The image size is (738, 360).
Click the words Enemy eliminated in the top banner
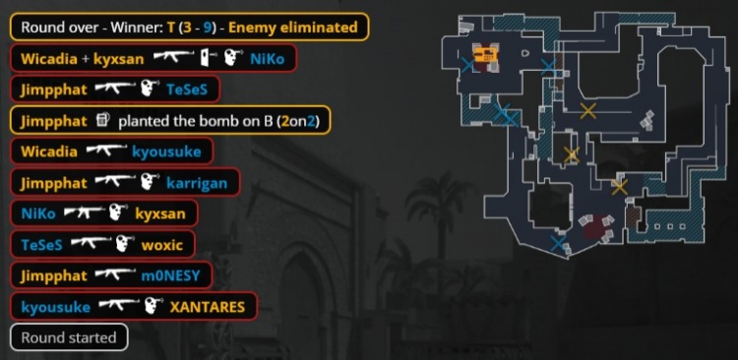click(293, 27)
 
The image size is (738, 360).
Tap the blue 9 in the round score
click(207, 27)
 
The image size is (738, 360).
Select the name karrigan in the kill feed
click(197, 183)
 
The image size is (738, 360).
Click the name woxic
click(162, 245)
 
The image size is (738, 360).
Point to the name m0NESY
click(171, 275)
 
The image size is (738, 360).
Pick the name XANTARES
click(207, 307)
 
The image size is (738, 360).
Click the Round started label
click(69, 337)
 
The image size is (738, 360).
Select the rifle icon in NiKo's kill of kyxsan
click(85, 212)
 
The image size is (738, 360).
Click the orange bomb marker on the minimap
click(485, 54)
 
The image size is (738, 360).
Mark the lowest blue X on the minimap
click(558, 243)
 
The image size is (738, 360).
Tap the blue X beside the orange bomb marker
click(467, 65)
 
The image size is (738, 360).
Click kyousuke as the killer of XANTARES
click(55, 307)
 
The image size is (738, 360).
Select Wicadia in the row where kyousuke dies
click(49, 152)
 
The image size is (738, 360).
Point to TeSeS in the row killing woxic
click(42, 245)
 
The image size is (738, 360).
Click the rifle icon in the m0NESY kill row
click(116, 273)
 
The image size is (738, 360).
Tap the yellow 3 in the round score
click(187, 27)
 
